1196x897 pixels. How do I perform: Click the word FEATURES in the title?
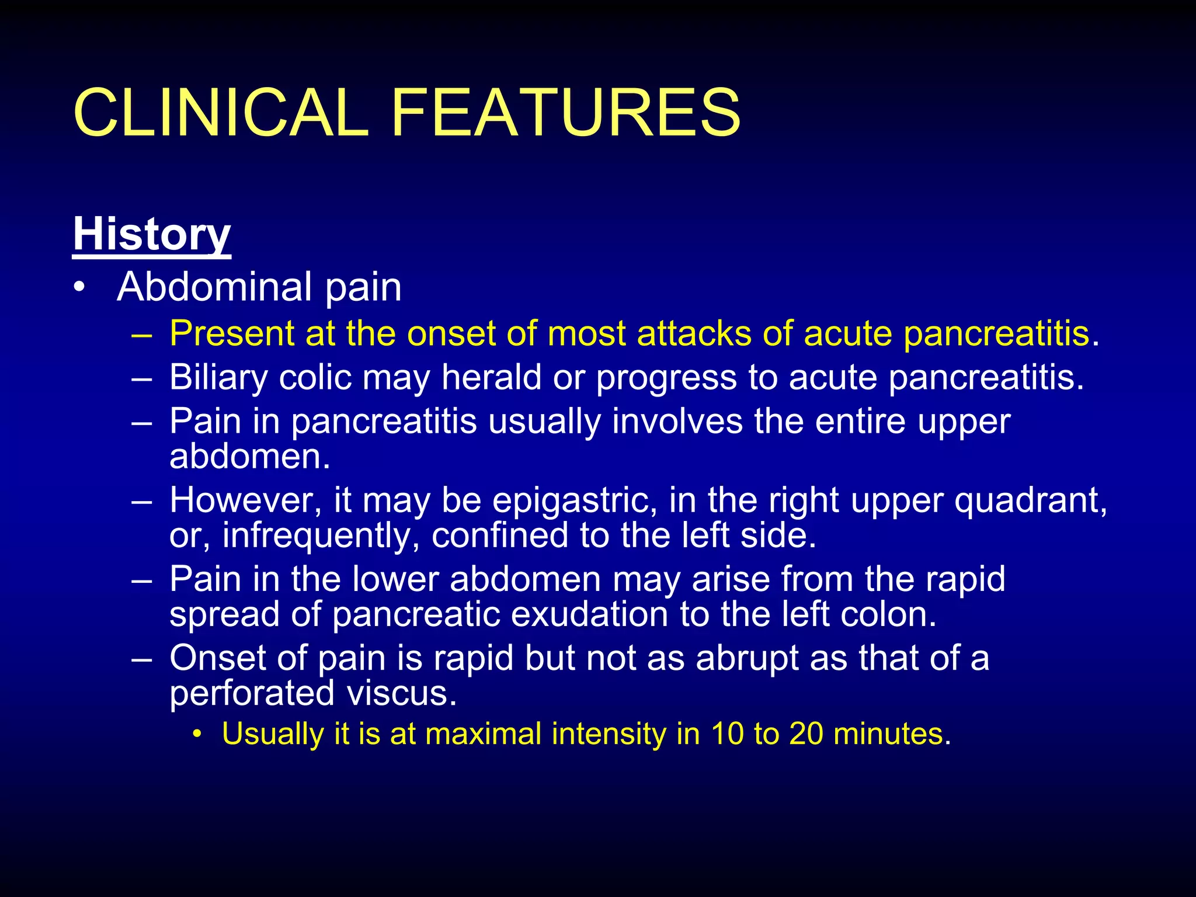pyautogui.click(x=565, y=112)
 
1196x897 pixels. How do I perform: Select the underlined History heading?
pyautogui.click(x=152, y=235)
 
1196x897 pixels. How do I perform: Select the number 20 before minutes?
pyautogui.click(x=806, y=734)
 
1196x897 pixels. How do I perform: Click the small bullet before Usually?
pyautogui.click(x=199, y=734)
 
